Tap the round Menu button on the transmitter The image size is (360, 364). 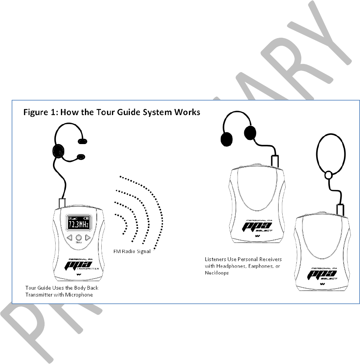79,237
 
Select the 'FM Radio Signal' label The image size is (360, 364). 132,252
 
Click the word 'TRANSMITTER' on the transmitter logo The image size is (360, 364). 93,268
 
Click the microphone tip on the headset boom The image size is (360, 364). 81,156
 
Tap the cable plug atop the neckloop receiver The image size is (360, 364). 340,209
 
